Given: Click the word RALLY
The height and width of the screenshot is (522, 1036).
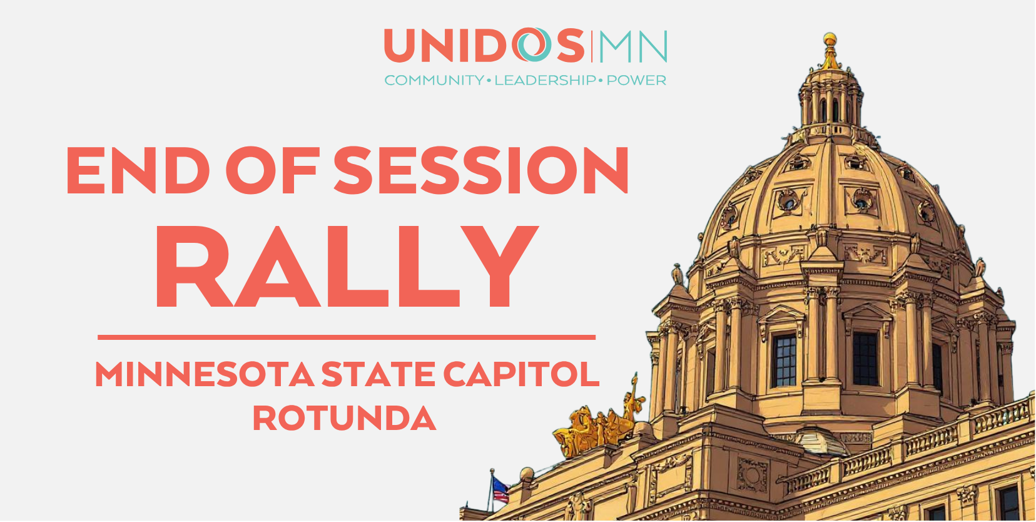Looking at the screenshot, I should [346, 267].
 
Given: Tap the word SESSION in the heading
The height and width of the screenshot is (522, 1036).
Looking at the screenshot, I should [481, 170].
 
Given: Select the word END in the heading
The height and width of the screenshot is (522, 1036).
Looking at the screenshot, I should [138, 170].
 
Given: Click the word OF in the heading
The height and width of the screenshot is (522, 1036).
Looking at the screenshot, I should [273, 170].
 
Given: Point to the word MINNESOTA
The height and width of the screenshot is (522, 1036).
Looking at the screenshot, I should [204, 375].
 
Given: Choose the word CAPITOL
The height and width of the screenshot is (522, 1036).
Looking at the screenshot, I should [521, 375].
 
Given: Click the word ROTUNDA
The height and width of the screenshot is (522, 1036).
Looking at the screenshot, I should [344, 419].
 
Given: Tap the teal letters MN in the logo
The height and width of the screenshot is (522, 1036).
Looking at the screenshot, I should [632, 47].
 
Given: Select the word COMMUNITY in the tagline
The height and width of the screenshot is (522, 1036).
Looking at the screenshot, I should [434, 81].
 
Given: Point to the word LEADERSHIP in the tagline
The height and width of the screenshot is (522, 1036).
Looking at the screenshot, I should [545, 81].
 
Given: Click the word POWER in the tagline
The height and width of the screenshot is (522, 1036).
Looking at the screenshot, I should [636, 81].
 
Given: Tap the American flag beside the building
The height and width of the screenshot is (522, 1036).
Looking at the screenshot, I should [499, 489].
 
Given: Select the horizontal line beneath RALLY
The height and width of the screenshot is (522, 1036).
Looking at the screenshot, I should [346, 337].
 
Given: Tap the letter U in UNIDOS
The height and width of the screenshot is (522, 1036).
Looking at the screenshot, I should [404, 46].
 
